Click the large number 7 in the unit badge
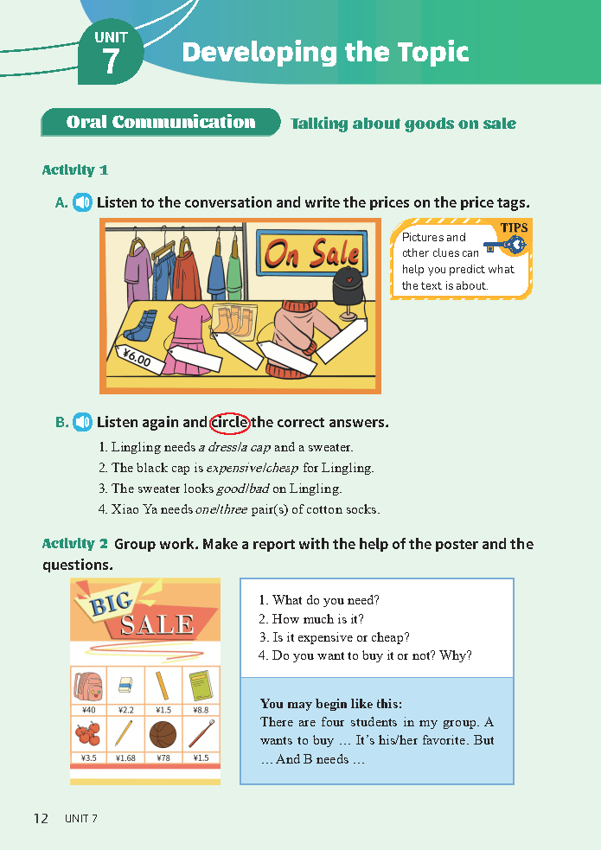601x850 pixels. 110,61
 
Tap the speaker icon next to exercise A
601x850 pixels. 82,202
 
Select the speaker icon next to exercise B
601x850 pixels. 82,422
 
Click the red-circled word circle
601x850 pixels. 230,422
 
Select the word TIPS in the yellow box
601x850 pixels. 514,227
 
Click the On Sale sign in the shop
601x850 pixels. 312,253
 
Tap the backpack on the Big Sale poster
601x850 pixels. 88,687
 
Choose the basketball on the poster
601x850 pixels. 163,734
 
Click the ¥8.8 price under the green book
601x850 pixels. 201,710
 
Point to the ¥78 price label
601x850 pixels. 163,757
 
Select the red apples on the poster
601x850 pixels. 88,733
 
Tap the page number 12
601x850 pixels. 42,818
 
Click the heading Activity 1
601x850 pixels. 75,170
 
